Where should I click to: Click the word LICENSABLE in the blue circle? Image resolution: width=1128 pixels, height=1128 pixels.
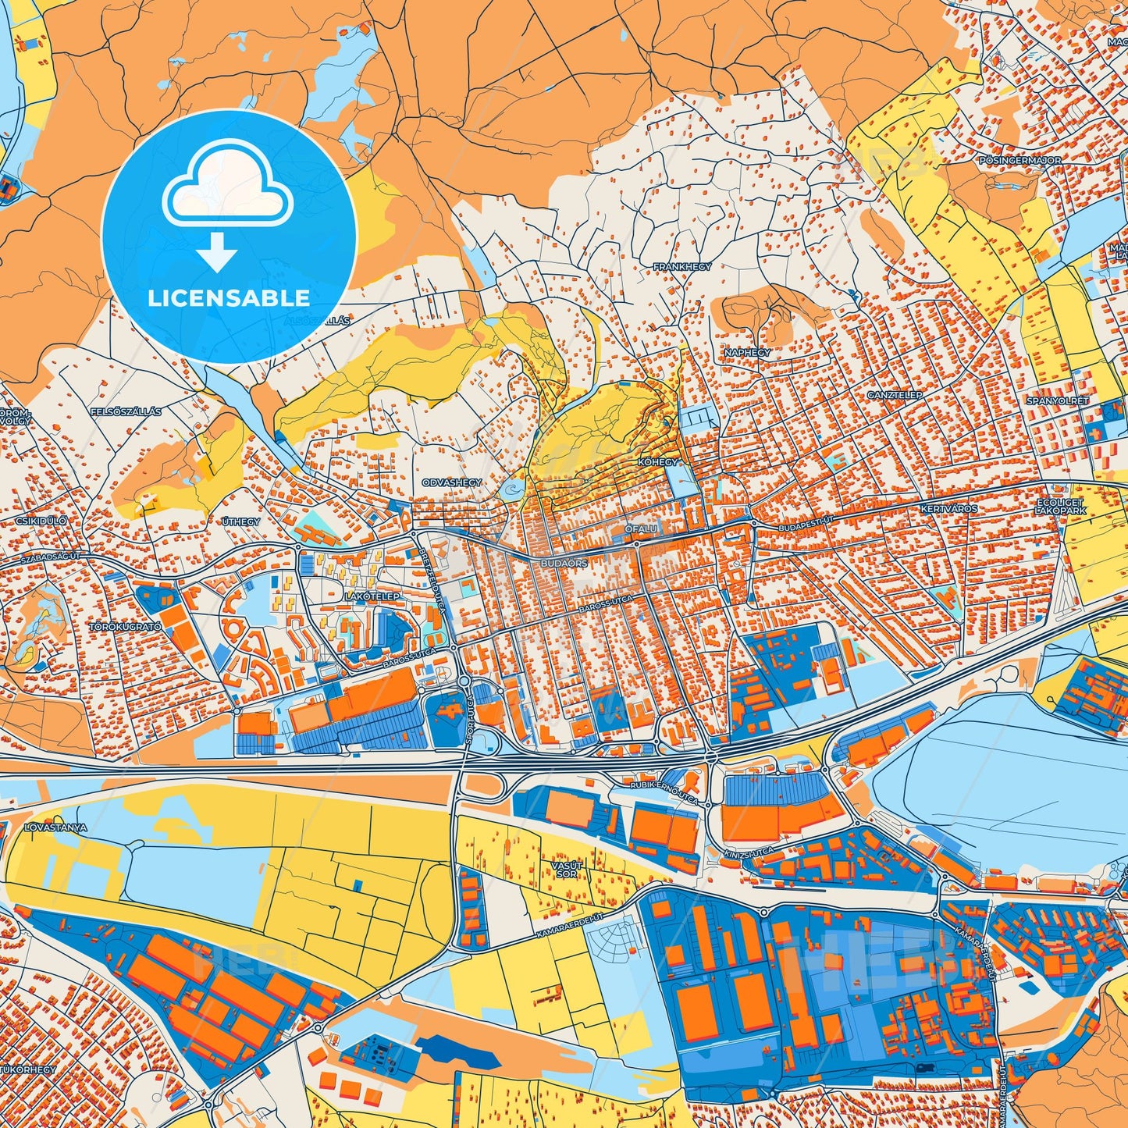point(229,298)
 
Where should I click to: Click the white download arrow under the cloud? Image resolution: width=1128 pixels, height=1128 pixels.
point(217,251)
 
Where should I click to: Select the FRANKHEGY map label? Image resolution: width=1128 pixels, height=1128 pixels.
point(682,267)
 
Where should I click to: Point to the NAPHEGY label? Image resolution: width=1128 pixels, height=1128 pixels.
point(747,353)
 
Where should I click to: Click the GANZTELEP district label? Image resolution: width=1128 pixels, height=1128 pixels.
point(895,395)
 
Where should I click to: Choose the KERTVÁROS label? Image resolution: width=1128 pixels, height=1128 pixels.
point(949,509)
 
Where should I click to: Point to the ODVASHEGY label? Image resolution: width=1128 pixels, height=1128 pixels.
point(452,483)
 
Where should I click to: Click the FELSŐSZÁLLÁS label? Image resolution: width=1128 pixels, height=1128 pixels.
point(126,411)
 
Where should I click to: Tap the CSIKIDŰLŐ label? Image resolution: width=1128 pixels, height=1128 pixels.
point(41,520)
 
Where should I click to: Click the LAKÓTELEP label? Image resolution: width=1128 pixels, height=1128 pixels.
point(372,596)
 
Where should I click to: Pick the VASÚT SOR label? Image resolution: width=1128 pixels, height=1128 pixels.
point(568,870)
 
